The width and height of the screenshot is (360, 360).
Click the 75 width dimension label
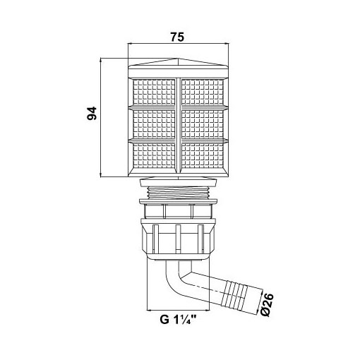[x=177, y=37]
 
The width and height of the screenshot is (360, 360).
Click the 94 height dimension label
[x=92, y=114]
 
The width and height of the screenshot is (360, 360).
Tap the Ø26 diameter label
[x=268, y=305]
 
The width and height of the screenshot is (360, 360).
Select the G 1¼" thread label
[x=178, y=320]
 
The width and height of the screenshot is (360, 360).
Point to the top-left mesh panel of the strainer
[x=154, y=92]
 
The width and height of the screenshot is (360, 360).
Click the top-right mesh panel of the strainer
[x=203, y=92]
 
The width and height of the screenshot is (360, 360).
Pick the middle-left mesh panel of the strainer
[x=154, y=124]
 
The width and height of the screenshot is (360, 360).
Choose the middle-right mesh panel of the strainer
[x=203, y=124]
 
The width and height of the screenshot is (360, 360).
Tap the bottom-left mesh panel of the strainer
[x=154, y=156]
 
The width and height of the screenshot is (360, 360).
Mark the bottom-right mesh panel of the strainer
[x=203, y=156]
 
